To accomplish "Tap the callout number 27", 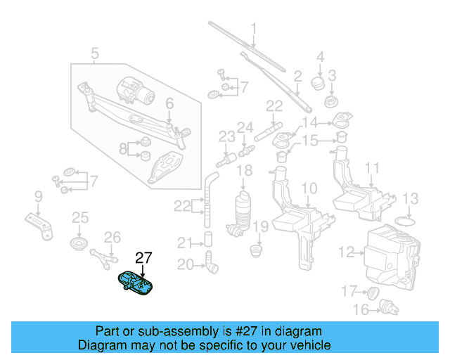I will coord(143,258).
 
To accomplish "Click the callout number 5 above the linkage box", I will coord(95,51).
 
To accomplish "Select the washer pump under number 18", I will coord(243,210).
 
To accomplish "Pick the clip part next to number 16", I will coord(385,307).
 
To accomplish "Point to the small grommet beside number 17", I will coord(374,292).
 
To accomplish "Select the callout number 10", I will coord(309,188).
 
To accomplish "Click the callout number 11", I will coord(372,169).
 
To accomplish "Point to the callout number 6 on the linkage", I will coord(169,104).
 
